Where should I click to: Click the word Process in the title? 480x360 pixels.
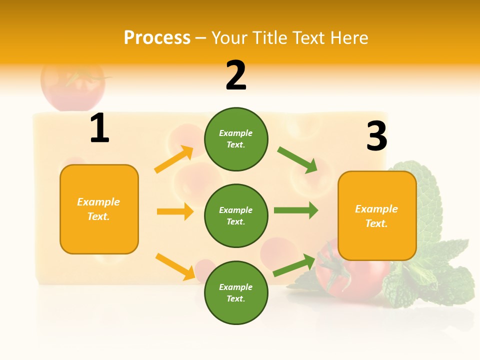coord(157,38)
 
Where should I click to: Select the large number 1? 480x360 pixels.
coord(99,128)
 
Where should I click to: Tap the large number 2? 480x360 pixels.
coord(236,75)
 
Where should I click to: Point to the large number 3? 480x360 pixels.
coord(376,136)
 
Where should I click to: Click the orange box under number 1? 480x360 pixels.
coord(99,209)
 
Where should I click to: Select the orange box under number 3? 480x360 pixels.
coord(377,216)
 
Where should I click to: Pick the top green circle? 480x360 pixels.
coord(236,139)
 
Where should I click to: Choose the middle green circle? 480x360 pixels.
coord(236,215)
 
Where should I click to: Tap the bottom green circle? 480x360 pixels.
coord(236,292)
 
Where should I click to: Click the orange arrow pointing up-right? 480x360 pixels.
coord(174,159)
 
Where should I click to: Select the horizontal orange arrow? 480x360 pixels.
coord(175,211)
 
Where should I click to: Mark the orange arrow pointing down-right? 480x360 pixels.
coord(175,266)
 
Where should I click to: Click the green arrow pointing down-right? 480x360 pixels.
coord(298,159)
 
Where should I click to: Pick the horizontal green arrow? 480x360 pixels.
coord(296,210)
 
